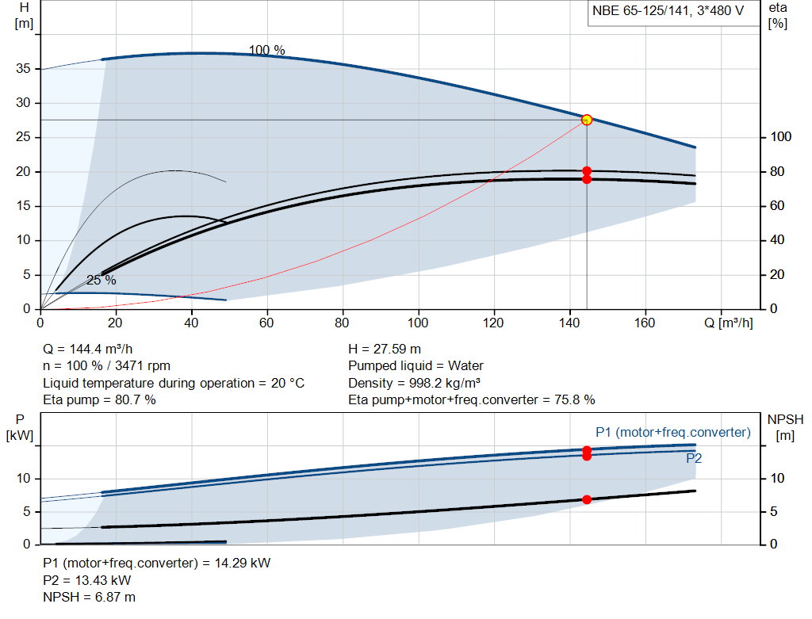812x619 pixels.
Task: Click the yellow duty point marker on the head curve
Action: [587, 120]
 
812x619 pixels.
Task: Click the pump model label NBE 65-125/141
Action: [641, 11]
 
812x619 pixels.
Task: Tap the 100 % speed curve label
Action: [266, 50]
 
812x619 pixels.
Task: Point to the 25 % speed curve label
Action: [101, 280]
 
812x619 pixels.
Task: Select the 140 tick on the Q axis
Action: [569, 323]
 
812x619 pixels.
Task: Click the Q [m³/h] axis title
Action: [729, 323]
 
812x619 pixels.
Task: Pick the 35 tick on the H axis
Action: [23, 68]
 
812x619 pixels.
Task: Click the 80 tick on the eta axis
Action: [777, 171]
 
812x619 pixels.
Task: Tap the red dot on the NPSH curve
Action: [587, 499]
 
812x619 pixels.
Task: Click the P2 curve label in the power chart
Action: [694, 458]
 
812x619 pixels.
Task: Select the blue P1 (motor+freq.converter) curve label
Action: [672, 432]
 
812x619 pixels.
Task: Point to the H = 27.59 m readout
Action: [385, 349]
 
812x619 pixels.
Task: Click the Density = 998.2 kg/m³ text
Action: [414, 383]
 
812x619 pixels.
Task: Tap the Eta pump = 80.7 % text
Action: [99, 399]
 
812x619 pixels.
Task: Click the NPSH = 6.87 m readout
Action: [89, 598]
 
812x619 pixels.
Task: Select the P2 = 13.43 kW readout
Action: [87, 580]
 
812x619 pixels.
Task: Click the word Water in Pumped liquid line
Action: [465, 366]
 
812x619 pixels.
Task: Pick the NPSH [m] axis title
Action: [785, 427]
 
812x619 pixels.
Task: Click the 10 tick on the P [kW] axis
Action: [23, 478]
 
